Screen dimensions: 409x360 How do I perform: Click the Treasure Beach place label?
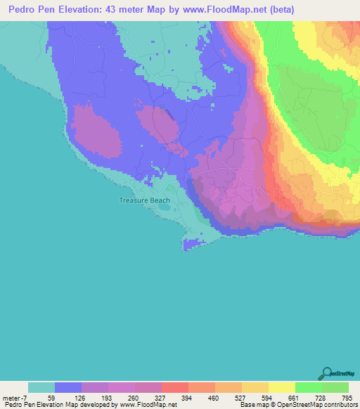[x=144, y=200]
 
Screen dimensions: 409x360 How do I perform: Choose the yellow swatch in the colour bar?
[x=281, y=387]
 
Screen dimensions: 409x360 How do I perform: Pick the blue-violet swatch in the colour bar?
[x=68, y=387]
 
